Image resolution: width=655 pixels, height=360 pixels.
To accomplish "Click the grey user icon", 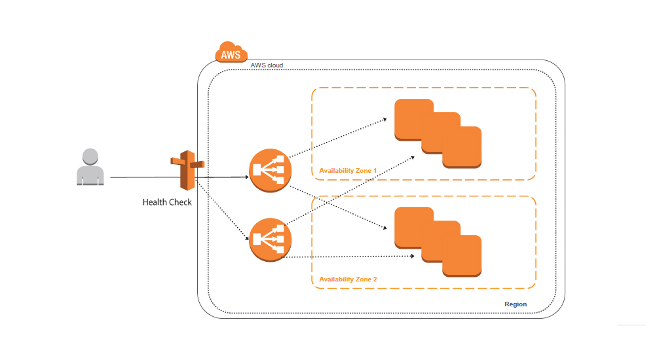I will click(90, 168).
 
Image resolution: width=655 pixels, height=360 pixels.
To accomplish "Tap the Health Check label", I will click(167, 202).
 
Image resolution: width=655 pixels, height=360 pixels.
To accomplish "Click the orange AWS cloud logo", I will click(231, 53).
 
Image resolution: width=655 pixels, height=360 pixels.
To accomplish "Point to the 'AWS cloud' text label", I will click(267, 66).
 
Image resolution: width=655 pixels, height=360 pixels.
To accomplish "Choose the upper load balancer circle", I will click(271, 171).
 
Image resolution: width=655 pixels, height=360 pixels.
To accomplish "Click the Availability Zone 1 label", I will click(348, 171).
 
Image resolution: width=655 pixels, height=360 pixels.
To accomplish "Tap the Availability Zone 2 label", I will click(348, 279).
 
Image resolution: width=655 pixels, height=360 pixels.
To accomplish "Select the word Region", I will click(515, 304).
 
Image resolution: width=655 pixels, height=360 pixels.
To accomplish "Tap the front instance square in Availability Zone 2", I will click(462, 256).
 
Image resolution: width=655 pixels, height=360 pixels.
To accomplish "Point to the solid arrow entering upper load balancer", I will click(226, 177).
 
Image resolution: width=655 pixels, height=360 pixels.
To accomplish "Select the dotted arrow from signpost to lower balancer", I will click(223, 209).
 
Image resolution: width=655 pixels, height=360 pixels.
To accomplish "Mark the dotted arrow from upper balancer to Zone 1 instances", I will click(337, 139).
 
